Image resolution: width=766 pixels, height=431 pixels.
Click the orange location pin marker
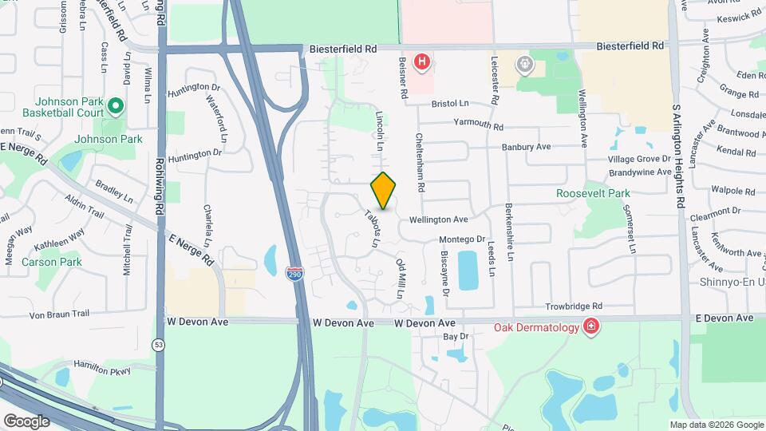coord(383,190)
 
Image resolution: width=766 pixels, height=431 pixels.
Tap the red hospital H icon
coord(421,61)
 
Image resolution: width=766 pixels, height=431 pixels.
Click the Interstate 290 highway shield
coord(294,273)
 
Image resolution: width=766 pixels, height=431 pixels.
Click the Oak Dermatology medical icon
coord(590,326)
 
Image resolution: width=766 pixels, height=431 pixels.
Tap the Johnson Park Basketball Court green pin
coord(115,106)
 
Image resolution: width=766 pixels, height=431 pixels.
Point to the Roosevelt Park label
coord(593,193)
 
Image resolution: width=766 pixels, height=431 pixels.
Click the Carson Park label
coord(52,262)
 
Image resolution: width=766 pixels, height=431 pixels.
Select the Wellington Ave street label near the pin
coord(438,219)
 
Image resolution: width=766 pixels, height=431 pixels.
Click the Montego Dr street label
coord(462,239)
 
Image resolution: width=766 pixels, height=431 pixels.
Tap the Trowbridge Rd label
coord(574,306)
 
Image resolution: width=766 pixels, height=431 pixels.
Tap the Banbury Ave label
coord(526,147)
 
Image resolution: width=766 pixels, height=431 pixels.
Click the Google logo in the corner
coord(26,421)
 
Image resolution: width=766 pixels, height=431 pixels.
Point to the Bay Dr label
coord(455,337)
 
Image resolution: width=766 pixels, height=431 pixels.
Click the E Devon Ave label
coord(723,318)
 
